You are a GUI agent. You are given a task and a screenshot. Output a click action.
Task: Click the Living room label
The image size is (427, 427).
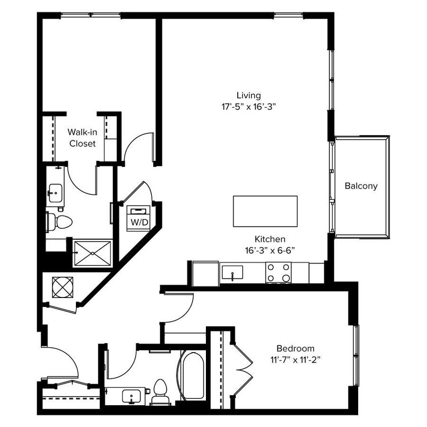[x=248, y=95]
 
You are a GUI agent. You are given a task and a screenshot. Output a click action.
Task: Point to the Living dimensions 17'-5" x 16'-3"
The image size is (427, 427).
[x=248, y=107]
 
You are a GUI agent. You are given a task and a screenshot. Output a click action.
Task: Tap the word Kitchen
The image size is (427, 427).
[x=270, y=239]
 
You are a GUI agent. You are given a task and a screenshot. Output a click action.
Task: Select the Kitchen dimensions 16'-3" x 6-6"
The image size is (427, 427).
[x=270, y=250]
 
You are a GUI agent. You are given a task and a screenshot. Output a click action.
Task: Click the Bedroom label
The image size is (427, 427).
[x=295, y=348]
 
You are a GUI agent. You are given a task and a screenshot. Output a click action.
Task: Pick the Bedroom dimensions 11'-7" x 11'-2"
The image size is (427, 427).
[x=295, y=360]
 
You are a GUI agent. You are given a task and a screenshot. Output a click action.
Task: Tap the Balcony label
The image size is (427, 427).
[x=361, y=186]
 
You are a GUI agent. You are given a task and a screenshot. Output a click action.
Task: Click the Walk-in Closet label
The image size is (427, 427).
[x=82, y=138]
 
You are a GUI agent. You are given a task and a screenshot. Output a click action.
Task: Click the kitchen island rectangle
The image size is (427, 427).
[x=265, y=211]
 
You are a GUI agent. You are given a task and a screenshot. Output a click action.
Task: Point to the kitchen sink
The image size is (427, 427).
[x=232, y=272]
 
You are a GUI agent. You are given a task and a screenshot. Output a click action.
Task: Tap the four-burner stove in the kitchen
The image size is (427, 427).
[x=279, y=272]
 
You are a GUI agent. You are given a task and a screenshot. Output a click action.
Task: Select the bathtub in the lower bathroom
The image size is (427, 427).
[x=193, y=375]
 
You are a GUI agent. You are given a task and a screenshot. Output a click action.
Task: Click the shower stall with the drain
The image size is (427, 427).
[x=92, y=252]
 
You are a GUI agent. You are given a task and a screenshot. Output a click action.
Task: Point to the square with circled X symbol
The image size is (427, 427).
[x=62, y=288]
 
